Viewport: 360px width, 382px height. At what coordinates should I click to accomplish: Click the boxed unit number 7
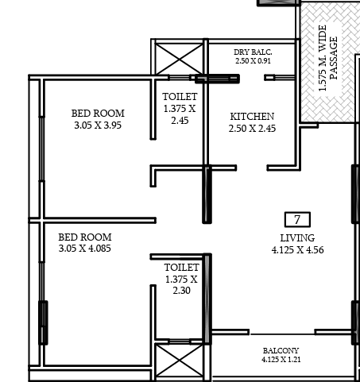click(297, 219)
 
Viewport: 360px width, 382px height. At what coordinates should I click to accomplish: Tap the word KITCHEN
click(252, 117)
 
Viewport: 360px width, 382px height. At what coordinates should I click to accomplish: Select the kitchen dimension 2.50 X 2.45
click(252, 129)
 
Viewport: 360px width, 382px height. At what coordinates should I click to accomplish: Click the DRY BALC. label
click(253, 52)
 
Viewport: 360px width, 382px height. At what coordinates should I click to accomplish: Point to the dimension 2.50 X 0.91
click(253, 61)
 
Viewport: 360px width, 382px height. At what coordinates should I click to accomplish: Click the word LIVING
click(297, 238)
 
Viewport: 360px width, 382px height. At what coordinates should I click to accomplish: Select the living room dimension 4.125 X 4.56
click(297, 250)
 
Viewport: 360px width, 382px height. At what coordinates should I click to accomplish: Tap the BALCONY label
click(281, 351)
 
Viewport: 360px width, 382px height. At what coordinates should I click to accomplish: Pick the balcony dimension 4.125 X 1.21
click(281, 360)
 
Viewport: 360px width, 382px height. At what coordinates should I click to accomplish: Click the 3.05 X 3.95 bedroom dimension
click(98, 125)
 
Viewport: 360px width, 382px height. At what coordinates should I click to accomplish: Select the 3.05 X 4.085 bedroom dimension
click(84, 249)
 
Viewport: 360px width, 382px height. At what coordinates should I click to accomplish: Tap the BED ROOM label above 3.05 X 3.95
click(98, 114)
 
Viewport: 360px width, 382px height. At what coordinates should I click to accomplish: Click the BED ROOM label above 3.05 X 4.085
click(85, 237)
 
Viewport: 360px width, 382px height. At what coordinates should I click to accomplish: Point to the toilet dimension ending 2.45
click(180, 114)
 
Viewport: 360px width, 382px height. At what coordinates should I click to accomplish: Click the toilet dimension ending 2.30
click(181, 285)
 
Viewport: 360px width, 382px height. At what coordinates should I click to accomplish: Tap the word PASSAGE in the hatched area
click(334, 58)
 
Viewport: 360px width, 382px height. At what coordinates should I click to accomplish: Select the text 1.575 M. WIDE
click(322, 58)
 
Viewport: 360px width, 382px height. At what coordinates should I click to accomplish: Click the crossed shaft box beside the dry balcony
click(179, 60)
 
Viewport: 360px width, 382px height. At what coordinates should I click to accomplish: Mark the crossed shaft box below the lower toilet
click(179, 361)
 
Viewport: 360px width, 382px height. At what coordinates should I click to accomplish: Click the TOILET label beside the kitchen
click(180, 97)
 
